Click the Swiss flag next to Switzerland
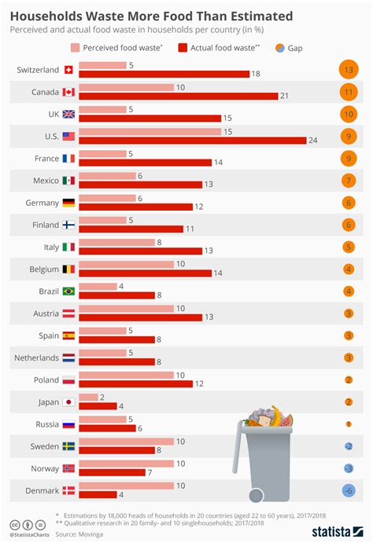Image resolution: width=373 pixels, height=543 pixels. click(68, 70)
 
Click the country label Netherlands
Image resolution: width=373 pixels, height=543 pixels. click(36, 358)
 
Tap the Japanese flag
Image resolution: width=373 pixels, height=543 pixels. click(68, 402)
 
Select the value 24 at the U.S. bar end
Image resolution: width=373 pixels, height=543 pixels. click(314, 141)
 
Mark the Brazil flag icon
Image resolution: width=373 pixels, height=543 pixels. click(68, 291)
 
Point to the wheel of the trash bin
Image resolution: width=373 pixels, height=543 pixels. click(255, 496)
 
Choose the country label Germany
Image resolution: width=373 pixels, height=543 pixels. click(38, 203)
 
